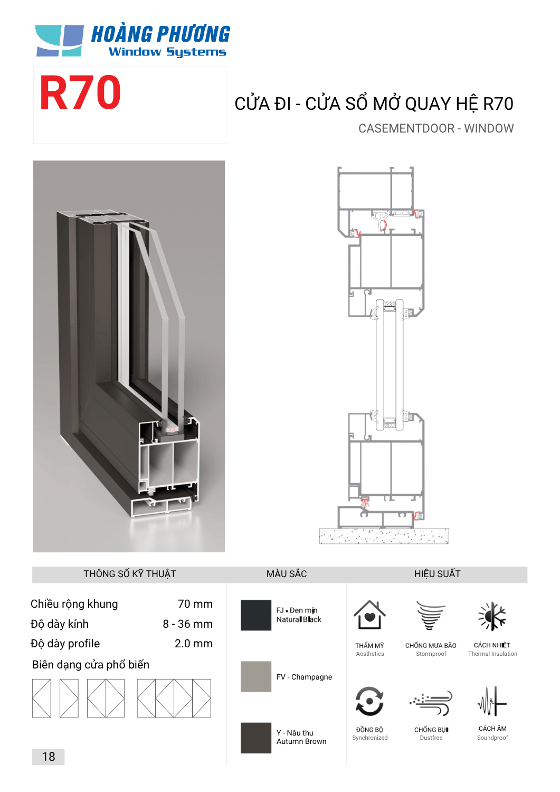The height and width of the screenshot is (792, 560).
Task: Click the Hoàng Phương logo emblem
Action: pos(60,41)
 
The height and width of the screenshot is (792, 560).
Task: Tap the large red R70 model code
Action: pos(80,92)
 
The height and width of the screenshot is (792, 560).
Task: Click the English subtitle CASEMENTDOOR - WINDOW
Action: pos(436,128)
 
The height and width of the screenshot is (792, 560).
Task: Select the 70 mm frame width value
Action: pos(195,604)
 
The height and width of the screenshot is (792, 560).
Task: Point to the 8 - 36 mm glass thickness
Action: pos(188,624)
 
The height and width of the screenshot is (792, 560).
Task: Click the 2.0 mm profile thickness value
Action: pos(194,644)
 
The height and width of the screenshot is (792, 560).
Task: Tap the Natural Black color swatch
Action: pos(256,615)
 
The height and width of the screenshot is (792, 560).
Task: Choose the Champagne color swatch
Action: pos(256,676)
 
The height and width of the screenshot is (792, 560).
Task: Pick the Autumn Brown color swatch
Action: pos(256,738)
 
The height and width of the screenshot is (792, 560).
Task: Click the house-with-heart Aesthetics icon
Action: pos(369,615)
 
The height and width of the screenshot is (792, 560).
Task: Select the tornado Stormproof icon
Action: pos(430,616)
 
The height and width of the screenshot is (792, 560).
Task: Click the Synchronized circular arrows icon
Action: pos(369,701)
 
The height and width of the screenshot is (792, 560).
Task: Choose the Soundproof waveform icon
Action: pos(492,702)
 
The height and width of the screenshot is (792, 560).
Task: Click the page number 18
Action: pos(49,757)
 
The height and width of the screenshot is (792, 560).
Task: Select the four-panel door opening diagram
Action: pos(174,699)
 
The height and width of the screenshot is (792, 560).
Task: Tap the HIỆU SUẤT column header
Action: pos(438,574)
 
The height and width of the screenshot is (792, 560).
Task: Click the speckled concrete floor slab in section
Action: pos(384,536)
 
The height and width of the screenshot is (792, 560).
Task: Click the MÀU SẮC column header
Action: pos(287,574)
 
